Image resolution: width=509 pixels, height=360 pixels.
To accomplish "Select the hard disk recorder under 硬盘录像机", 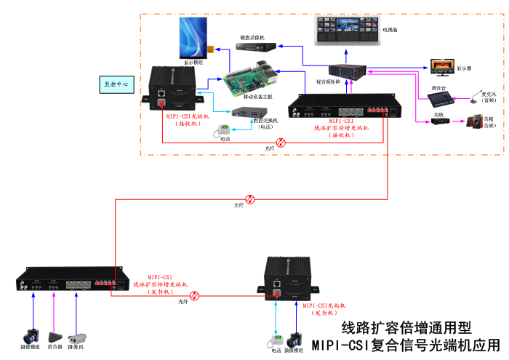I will [256, 45].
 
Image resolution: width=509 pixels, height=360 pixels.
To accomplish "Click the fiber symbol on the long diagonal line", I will [249, 198].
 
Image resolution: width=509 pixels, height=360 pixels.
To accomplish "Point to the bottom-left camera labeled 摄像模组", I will [31, 336].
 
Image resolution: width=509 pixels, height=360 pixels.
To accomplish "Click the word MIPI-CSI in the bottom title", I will [341, 345].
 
